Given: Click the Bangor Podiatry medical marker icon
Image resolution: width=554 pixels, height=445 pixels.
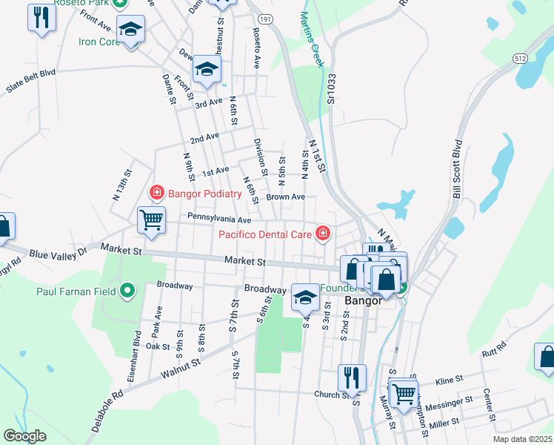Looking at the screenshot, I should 156,194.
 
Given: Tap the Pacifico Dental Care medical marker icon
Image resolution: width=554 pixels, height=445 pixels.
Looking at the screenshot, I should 322,234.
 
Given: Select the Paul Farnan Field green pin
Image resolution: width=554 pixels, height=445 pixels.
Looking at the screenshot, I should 127,291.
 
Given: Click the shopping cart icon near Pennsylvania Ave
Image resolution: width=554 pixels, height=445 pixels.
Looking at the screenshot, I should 151,219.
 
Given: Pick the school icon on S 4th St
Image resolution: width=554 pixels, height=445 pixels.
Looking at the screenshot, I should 304,297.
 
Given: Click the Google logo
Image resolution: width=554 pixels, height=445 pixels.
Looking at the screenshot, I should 25,435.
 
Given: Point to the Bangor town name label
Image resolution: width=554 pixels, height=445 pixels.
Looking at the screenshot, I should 363,301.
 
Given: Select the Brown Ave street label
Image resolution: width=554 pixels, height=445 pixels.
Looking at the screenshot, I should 286,197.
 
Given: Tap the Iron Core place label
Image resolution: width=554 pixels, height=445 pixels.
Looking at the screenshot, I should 99,42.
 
